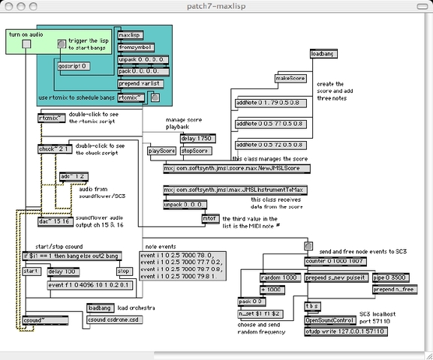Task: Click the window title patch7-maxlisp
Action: [217, 6]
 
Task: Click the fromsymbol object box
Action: [134, 47]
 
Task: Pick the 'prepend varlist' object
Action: [140, 83]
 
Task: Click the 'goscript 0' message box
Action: [74, 65]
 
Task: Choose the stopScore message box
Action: [197, 151]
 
